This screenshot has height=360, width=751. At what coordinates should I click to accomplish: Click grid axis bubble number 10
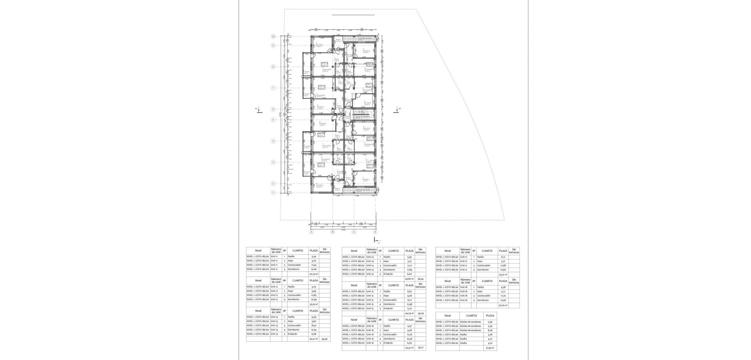pos(273,36)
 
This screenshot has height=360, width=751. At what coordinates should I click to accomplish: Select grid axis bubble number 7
pos(273,88)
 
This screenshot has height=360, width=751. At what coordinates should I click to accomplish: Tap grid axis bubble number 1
pos(273,192)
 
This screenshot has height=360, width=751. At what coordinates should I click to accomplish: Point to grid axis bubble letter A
pos(312,232)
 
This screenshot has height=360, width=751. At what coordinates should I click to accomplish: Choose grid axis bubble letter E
pos(375,232)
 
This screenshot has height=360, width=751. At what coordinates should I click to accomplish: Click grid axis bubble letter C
pos(354,232)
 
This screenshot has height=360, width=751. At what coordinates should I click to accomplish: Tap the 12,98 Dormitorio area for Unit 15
pos(409,304)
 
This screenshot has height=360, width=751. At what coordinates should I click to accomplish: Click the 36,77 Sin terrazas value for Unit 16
pos(420,347)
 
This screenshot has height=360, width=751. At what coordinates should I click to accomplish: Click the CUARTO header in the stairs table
pos(471,315)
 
